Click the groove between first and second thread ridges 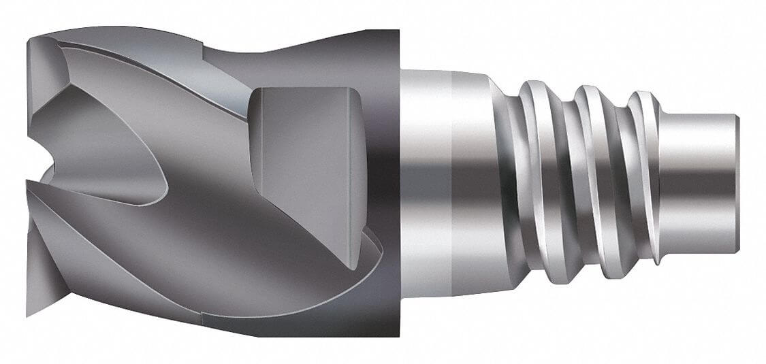[x=564, y=180]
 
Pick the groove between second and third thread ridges [x=618, y=180]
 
